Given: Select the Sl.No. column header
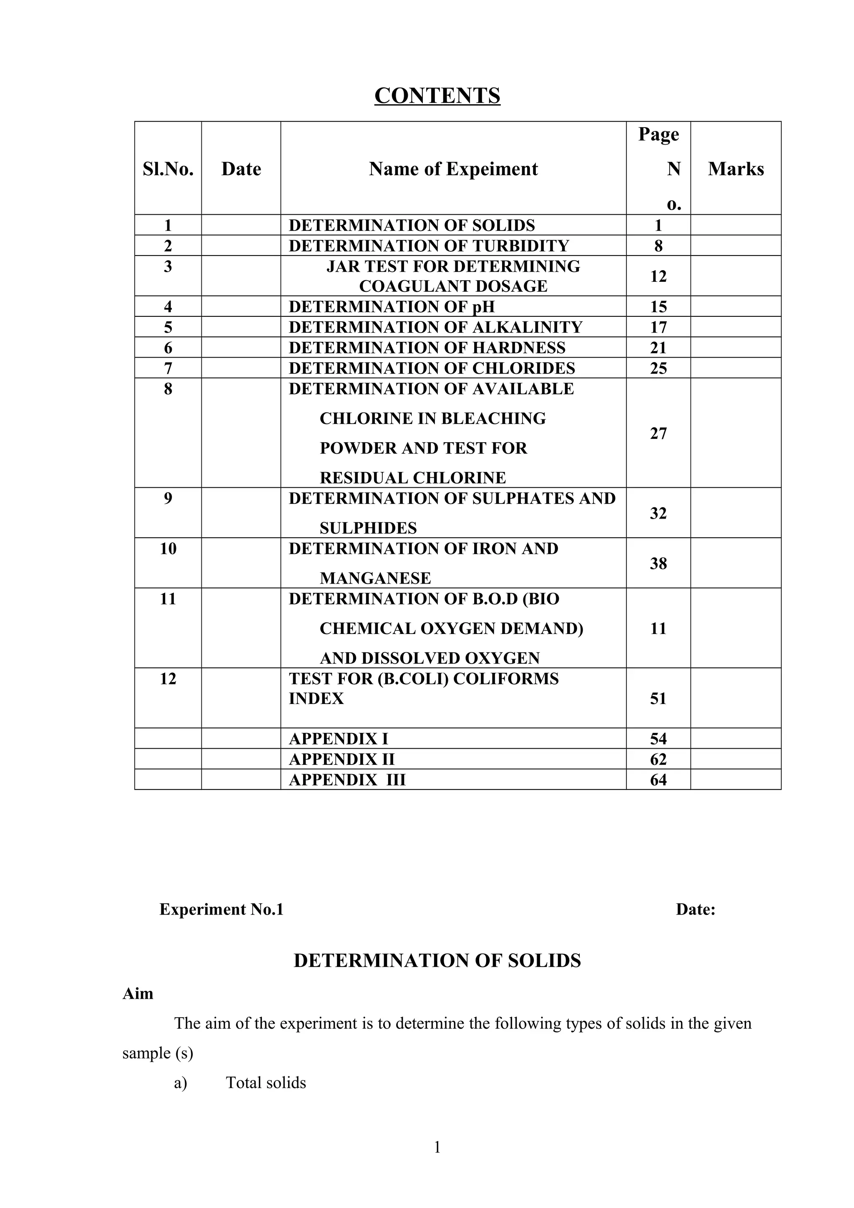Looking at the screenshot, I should click(x=168, y=169).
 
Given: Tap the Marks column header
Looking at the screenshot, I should click(x=735, y=169).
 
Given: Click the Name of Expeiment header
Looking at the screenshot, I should click(x=453, y=169).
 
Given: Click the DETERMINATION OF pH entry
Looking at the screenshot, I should click(x=392, y=306).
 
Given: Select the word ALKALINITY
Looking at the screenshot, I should click(x=527, y=327).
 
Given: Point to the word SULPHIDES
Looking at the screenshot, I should click(x=368, y=528).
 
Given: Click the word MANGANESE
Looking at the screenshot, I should click(x=375, y=578).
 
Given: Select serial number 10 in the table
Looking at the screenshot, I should click(x=168, y=549).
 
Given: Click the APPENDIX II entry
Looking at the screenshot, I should click(x=342, y=759).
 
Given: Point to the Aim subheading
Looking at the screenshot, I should click(x=138, y=994).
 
